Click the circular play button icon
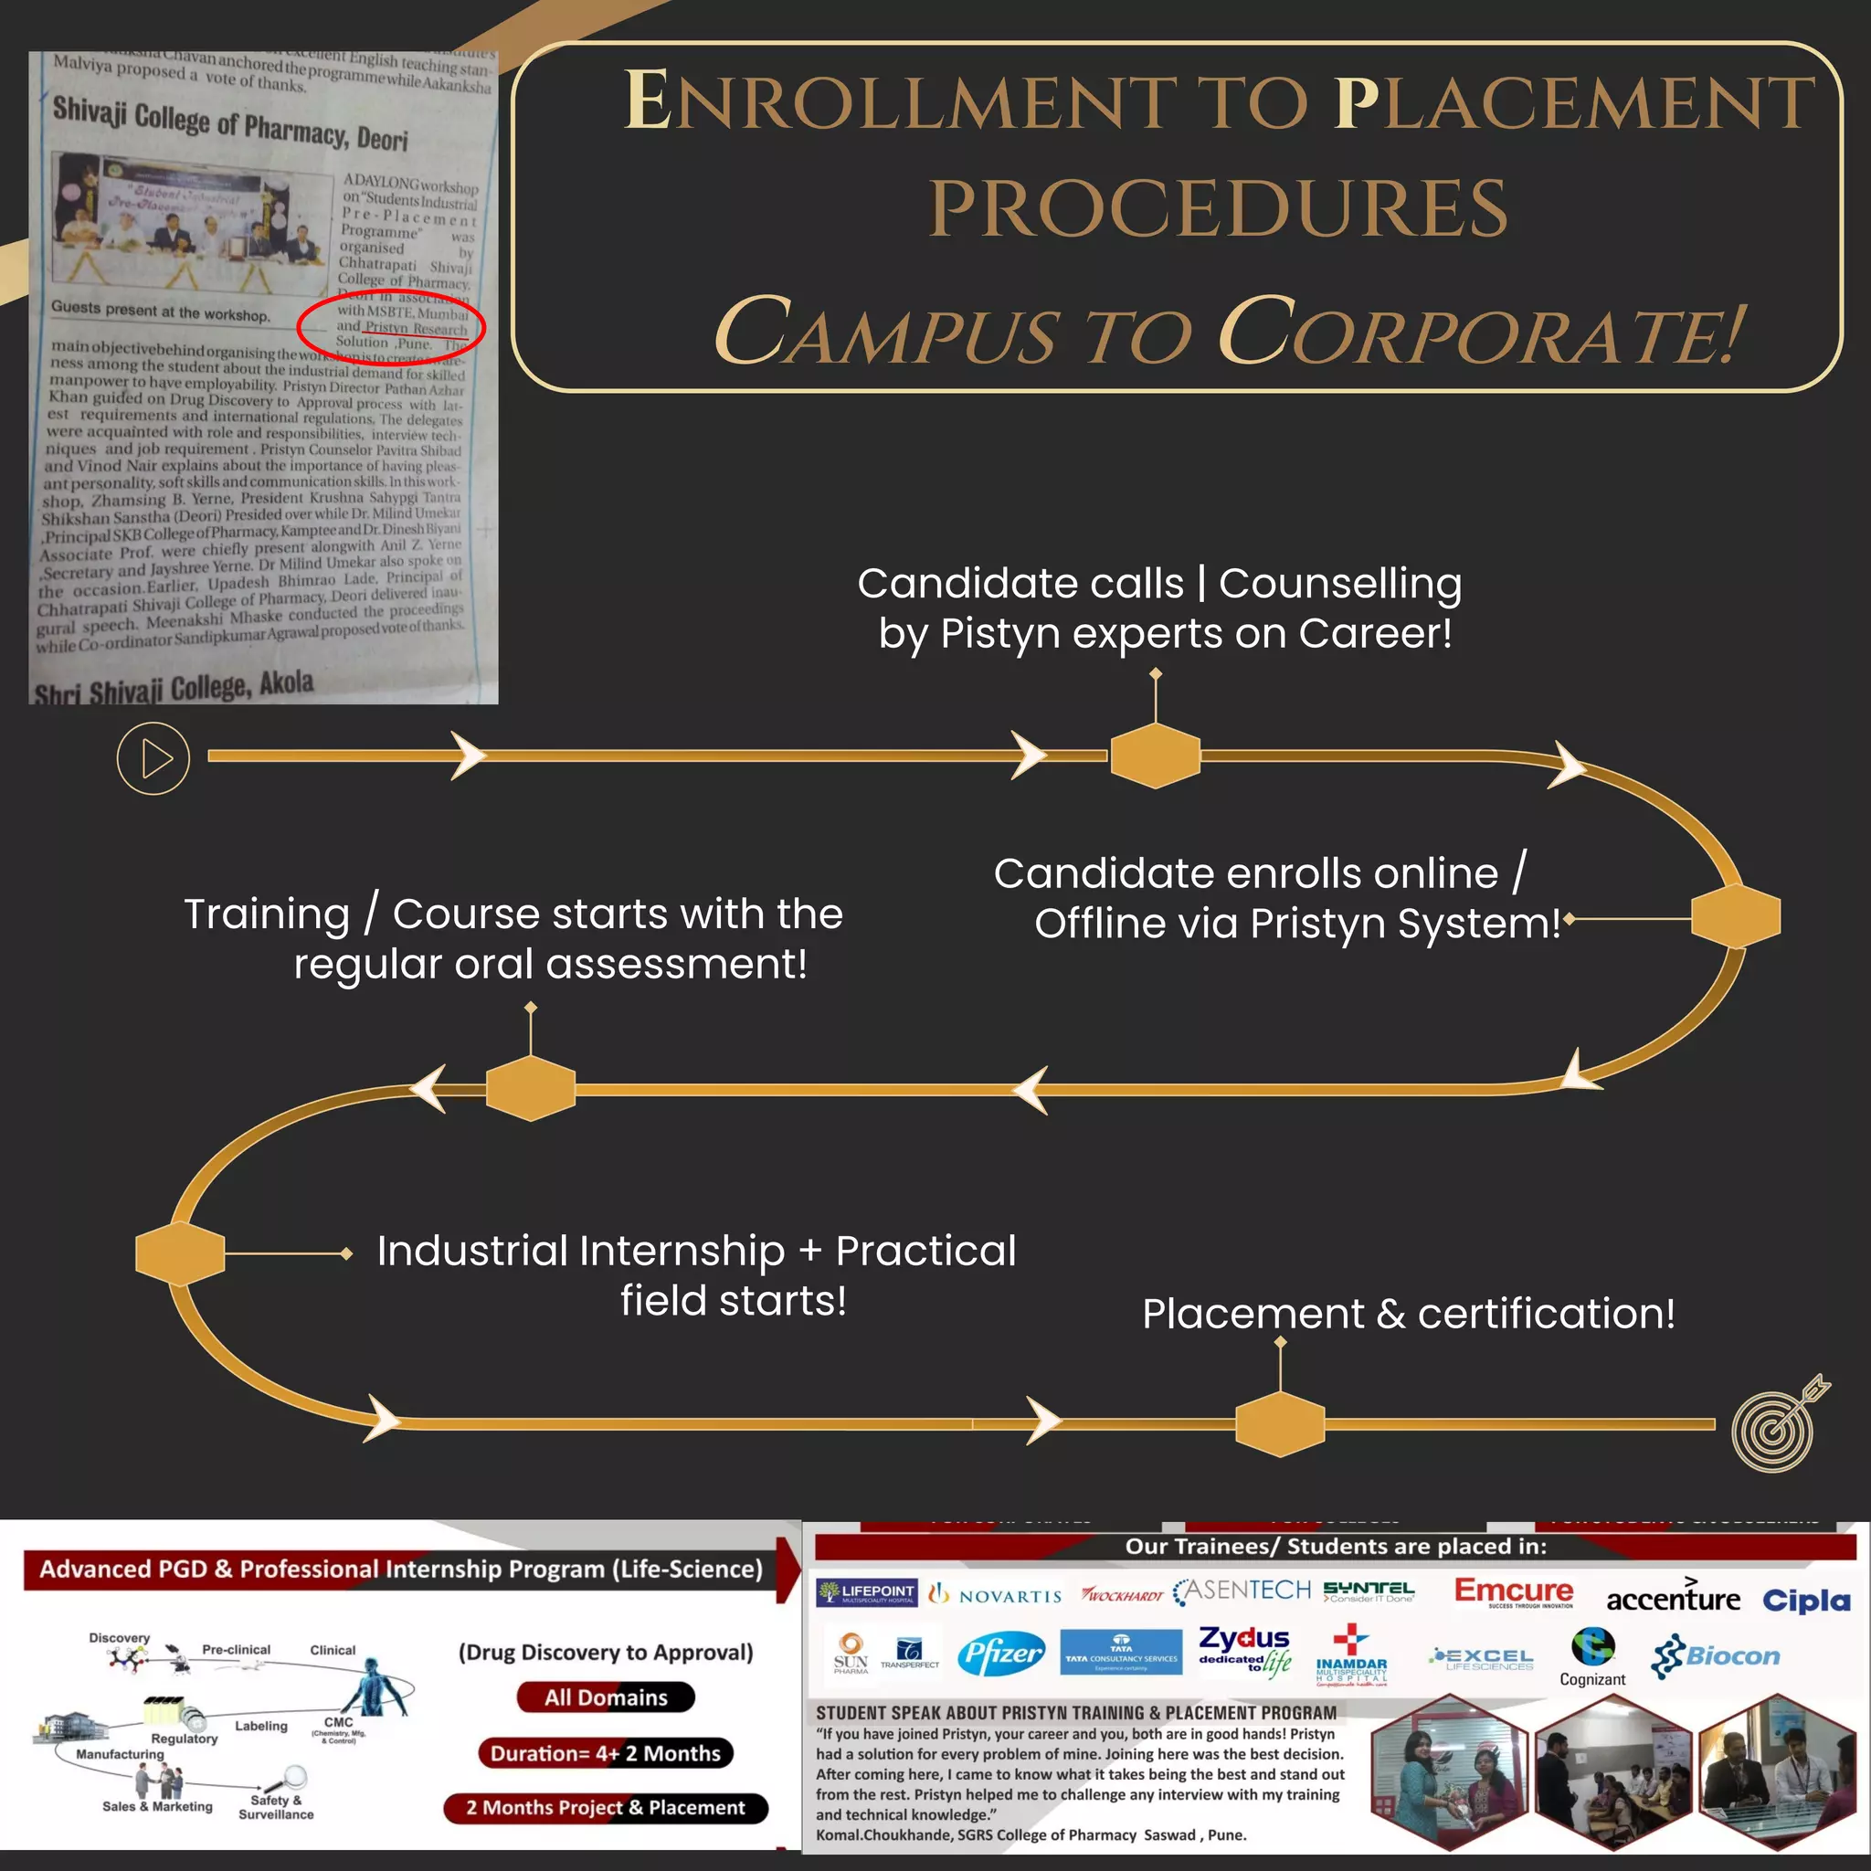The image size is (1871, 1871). (153, 758)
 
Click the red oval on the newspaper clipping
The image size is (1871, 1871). (390, 324)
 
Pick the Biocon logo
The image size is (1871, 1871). (1716, 1656)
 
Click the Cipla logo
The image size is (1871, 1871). (1806, 1600)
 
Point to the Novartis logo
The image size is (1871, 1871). (996, 1595)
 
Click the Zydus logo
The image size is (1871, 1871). (1244, 1649)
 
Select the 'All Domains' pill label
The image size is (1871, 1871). (607, 1697)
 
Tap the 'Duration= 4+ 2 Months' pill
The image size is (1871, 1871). (606, 1754)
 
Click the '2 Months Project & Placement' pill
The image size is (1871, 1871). (606, 1808)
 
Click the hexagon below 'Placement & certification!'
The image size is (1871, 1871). (1280, 1423)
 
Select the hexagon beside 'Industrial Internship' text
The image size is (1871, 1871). (180, 1253)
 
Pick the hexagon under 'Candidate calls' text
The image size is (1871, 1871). (1156, 756)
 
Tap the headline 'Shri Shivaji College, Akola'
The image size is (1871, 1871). (174, 689)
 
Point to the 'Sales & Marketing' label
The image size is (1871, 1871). (158, 1807)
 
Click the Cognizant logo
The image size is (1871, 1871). (1592, 1658)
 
